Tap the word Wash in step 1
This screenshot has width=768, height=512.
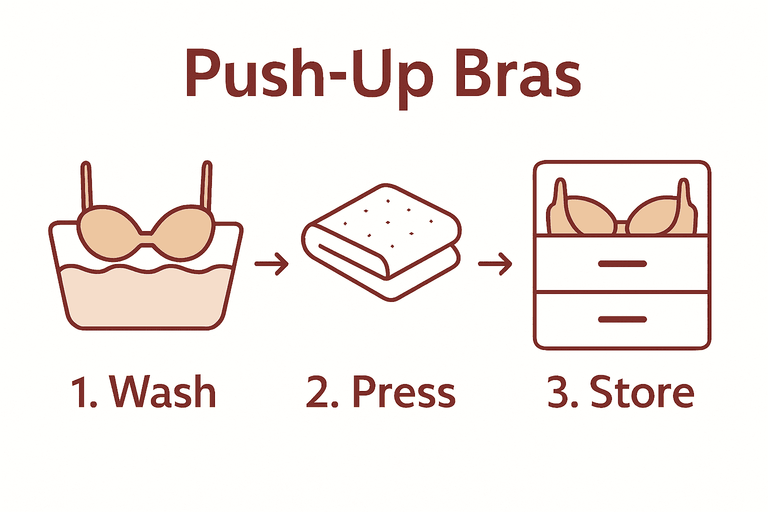[x=163, y=392]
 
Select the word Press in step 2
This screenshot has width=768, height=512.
[x=404, y=392]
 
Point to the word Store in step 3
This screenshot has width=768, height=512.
[x=642, y=392]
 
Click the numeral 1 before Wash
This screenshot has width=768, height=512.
[x=80, y=393]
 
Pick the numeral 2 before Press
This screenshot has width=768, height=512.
[x=316, y=393]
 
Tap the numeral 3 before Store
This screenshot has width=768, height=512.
[x=558, y=393]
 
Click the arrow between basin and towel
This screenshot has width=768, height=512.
[x=271, y=263]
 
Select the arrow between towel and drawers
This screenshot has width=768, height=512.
[x=495, y=263]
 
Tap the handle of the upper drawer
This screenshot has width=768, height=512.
[x=622, y=263]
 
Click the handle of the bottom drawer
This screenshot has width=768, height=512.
[x=622, y=319]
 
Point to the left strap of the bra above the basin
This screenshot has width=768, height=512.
[x=86, y=185]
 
